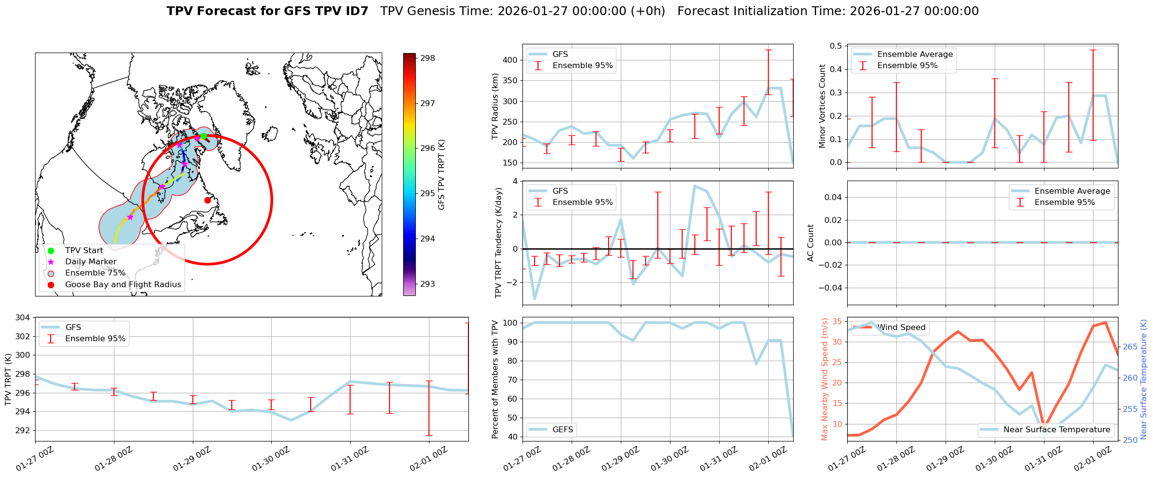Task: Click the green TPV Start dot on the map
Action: point(204,136)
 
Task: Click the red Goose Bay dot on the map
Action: point(207,200)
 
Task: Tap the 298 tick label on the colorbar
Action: point(428,58)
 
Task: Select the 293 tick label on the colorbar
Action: point(428,284)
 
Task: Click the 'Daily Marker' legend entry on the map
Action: point(91,262)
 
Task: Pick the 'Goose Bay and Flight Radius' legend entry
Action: point(123,285)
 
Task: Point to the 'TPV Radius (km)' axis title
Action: point(496,106)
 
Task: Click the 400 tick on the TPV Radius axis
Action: point(510,60)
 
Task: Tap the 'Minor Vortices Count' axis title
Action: point(822,106)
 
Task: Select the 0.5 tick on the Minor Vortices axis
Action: point(836,46)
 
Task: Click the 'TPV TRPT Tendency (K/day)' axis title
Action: point(499,243)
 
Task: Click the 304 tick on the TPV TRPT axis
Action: point(23,318)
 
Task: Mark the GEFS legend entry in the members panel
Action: point(562,430)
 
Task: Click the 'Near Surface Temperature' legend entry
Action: point(1057,430)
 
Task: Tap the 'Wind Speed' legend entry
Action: point(901,328)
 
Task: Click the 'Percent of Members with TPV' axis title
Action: point(496,379)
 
